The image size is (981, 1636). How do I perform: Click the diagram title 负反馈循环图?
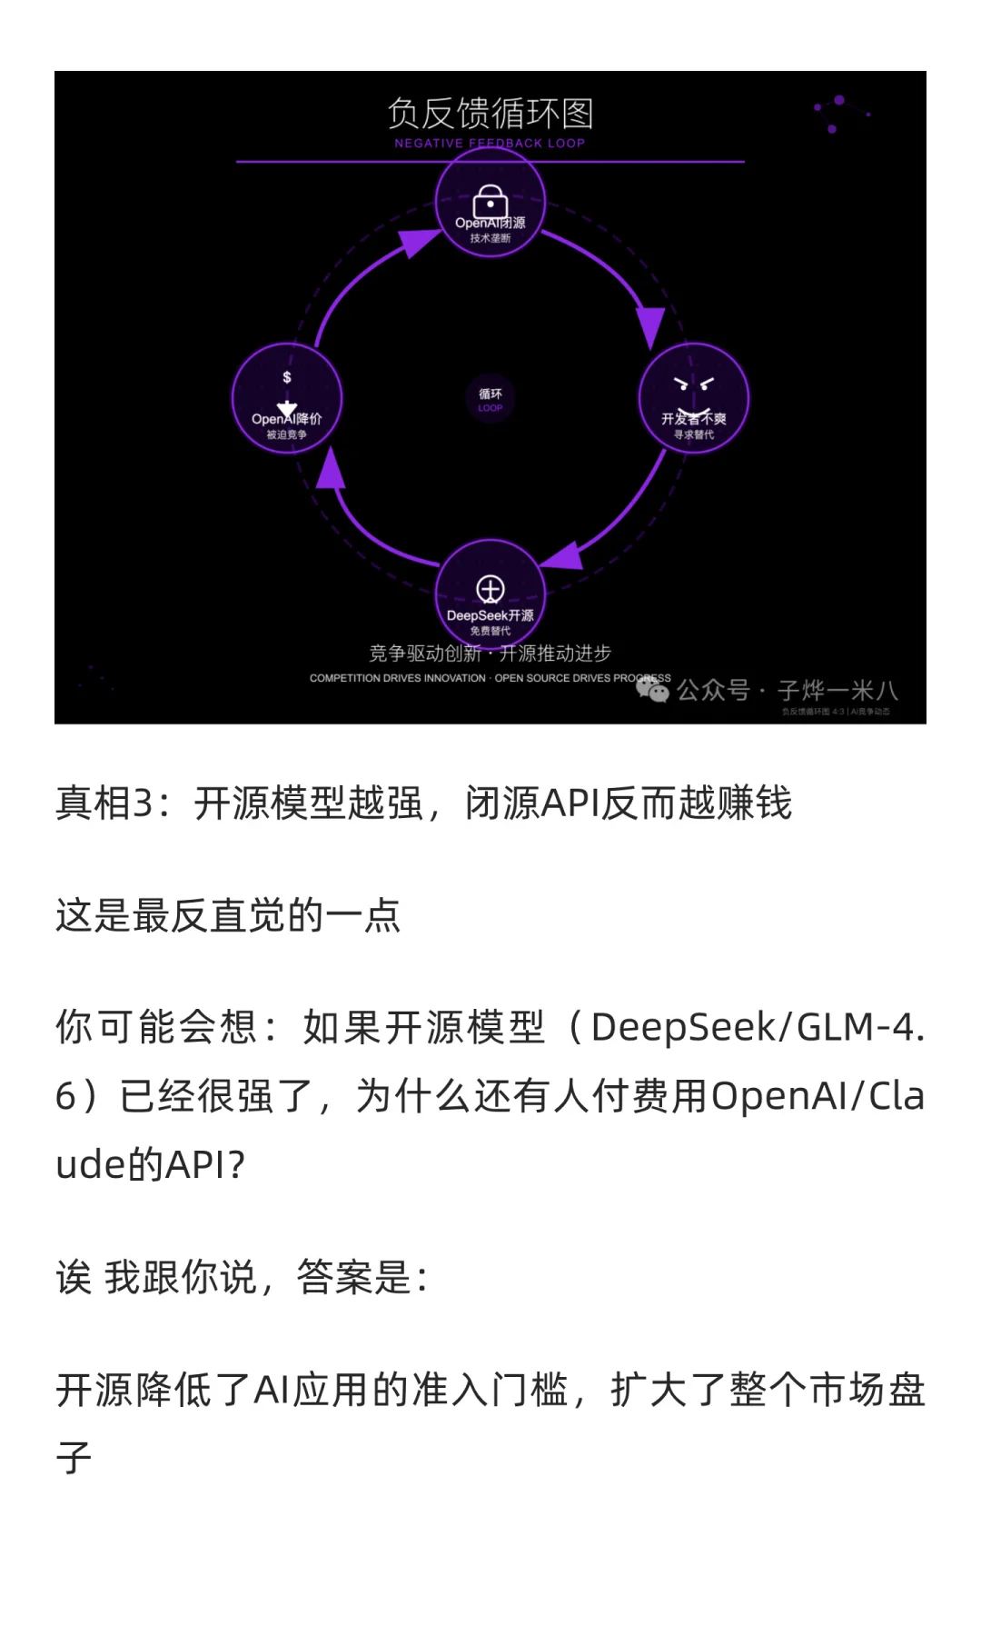click(x=490, y=115)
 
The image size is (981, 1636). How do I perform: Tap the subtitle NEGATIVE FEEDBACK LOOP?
click(x=490, y=143)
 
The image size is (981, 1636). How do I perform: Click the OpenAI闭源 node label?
click(x=490, y=223)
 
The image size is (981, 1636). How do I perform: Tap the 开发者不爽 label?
click(x=694, y=419)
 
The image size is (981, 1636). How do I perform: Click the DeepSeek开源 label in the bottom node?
click(x=490, y=615)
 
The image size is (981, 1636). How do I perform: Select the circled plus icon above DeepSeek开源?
click(x=490, y=590)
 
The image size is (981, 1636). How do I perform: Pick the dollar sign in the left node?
click(x=287, y=377)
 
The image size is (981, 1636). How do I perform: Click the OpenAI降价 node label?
click(x=287, y=419)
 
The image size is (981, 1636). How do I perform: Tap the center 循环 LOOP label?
click(x=490, y=399)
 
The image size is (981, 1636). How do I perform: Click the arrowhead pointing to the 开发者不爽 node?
click(x=650, y=327)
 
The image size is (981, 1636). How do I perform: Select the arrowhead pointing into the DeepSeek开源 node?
click(x=563, y=556)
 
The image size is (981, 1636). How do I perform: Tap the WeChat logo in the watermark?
click(x=652, y=691)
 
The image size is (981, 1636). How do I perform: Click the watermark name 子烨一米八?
click(x=837, y=691)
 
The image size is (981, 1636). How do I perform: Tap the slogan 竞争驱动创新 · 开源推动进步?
click(x=490, y=653)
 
